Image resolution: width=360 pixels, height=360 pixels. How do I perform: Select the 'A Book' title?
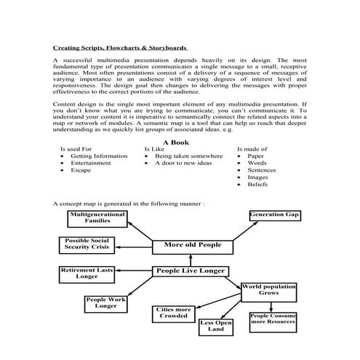pos(176,143)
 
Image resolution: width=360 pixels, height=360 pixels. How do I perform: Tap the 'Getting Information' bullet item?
pos(99,156)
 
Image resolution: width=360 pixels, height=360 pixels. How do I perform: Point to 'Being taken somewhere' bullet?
pos(188,156)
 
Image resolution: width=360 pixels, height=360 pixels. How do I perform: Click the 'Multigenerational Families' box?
pos(97,218)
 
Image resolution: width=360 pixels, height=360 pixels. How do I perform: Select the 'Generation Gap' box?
pos(274,216)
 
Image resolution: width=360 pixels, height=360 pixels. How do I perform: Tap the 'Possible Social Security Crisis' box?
pos(86,245)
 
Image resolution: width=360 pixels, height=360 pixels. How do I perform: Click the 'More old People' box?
pos(192,246)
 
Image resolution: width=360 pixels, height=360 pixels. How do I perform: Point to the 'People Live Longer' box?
pos(189,272)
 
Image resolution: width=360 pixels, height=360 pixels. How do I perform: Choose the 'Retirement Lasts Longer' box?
pos(86,273)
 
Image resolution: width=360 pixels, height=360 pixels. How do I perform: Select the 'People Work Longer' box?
pos(105,303)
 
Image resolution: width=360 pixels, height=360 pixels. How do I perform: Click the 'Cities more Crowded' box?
pos(173,313)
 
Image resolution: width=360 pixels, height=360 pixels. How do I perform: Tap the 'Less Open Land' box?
pos(216,327)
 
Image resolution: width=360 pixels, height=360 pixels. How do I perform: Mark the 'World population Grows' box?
pos(268,291)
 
